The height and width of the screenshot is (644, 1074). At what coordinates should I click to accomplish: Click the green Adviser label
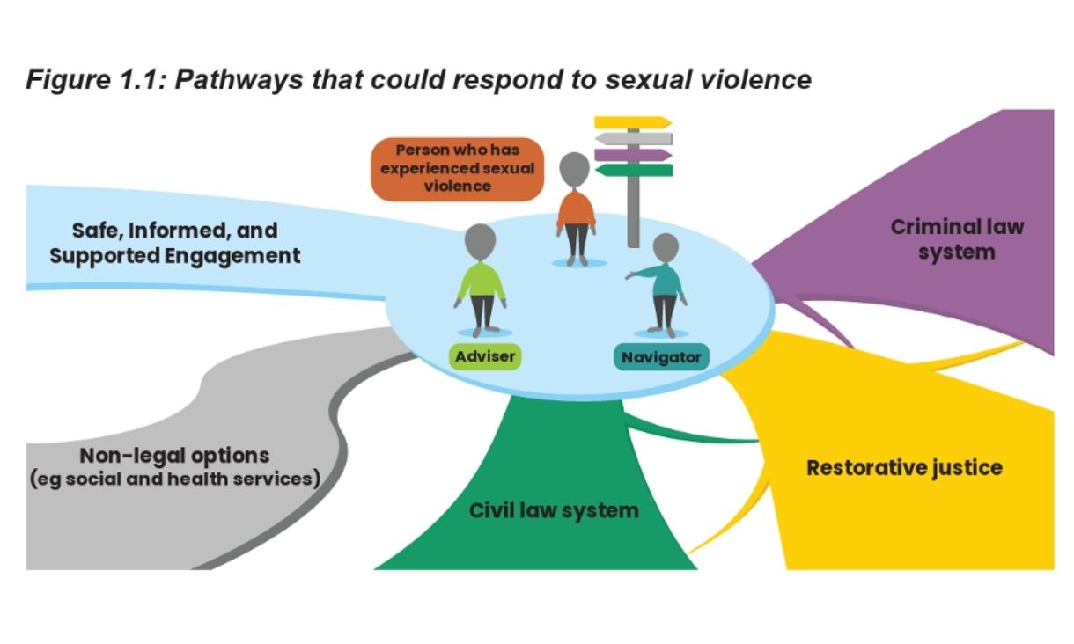click(x=484, y=356)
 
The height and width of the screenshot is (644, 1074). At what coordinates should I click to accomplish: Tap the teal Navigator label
click(x=661, y=357)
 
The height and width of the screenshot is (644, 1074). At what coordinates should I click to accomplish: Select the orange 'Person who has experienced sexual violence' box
click(x=457, y=168)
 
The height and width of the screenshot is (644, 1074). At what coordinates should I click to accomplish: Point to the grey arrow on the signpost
click(x=634, y=138)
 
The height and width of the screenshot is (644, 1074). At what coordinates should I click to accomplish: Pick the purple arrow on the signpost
click(x=632, y=155)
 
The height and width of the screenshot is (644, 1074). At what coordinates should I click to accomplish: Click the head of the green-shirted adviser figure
click(x=481, y=240)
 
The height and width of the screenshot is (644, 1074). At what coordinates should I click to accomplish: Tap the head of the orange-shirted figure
click(x=574, y=168)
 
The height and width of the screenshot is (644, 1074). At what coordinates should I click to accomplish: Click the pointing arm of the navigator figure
click(x=641, y=274)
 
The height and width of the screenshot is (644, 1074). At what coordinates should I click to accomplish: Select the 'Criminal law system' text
click(x=957, y=239)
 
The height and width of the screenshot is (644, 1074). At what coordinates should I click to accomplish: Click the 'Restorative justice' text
click(x=904, y=467)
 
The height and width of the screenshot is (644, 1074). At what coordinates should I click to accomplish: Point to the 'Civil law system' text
click(x=554, y=510)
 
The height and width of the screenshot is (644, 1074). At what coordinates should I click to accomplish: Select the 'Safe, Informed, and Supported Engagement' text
click(x=174, y=243)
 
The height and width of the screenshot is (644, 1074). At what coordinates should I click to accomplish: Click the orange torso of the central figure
click(x=576, y=209)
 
